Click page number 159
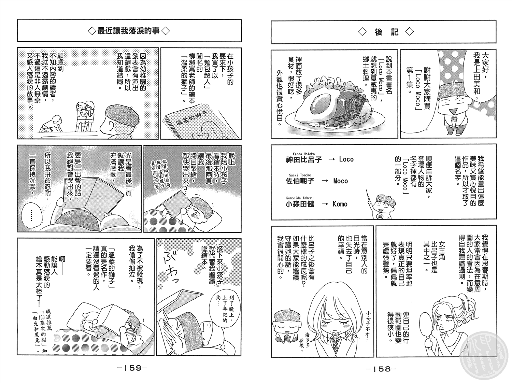[x=132, y=368]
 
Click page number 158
[x=381, y=369]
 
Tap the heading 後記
[x=386, y=32]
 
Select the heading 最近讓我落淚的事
[x=129, y=31]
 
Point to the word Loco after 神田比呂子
[x=346, y=159]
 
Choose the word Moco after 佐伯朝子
[x=341, y=181]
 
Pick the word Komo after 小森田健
[x=340, y=204]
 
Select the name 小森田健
[x=300, y=204]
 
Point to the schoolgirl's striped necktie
[x=335, y=344]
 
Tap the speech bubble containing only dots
[x=31, y=215]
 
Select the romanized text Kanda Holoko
[x=300, y=154]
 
